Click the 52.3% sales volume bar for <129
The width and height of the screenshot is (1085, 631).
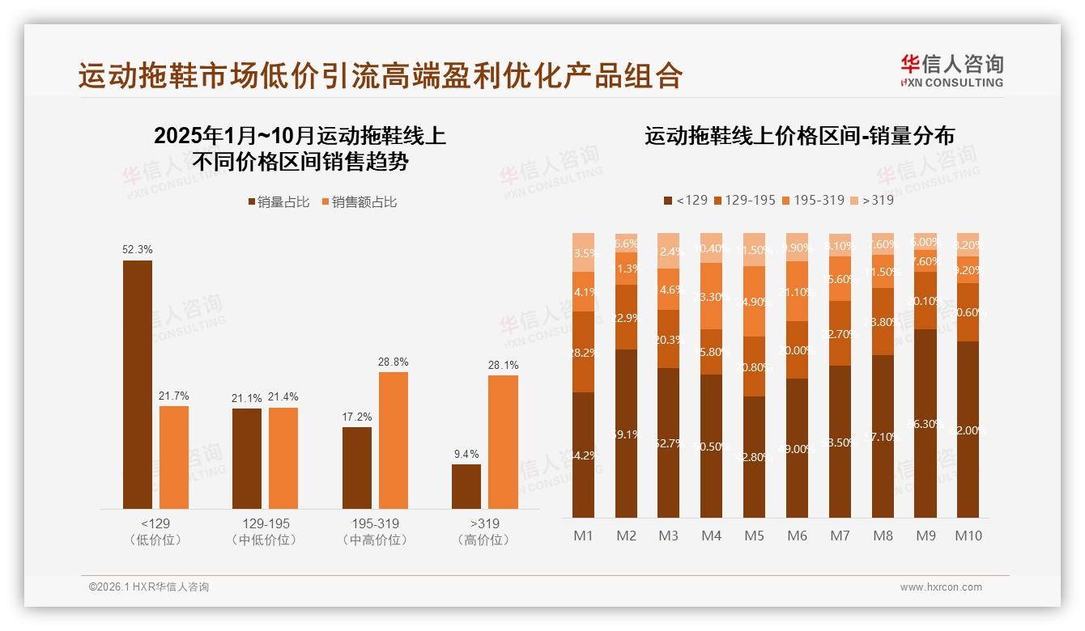click(138, 384)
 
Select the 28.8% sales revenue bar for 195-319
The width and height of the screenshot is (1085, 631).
click(394, 440)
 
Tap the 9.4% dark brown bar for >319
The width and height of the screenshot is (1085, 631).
click(466, 486)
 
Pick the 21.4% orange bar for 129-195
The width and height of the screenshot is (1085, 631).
click(283, 458)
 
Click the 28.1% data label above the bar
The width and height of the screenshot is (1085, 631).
click(504, 365)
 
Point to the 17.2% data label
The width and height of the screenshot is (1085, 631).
click(357, 417)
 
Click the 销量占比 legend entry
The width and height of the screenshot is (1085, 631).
click(279, 202)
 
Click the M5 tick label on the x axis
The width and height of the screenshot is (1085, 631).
click(754, 536)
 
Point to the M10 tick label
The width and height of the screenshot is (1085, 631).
click(968, 536)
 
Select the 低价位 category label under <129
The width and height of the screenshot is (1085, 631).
click(155, 540)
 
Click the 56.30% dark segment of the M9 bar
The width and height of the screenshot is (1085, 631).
click(925, 423)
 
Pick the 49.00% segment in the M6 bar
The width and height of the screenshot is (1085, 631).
click(797, 448)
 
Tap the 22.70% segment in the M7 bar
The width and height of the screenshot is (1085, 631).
click(840, 333)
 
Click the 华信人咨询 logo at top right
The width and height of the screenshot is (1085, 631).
click(951, 70)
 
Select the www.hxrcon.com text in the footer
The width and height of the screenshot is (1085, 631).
click(941, 587)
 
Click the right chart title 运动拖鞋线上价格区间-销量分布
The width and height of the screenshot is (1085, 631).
click(799, 136)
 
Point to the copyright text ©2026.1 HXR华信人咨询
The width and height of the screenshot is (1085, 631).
click(149, 587)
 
